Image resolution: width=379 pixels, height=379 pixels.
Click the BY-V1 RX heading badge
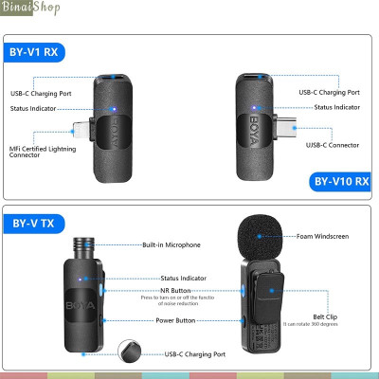coord(37,51)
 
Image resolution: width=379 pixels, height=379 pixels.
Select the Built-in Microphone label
coord(171,244)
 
